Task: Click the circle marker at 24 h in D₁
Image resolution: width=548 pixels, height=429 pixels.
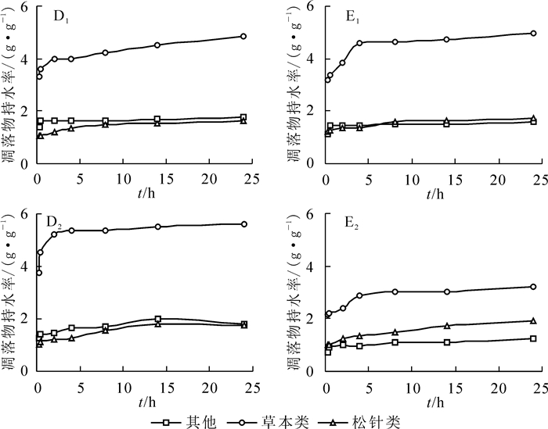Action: click(243, 36)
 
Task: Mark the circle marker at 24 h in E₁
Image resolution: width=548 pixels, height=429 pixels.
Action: click(533, 34)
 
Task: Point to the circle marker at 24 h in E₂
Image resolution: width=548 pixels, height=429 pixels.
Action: click(533, 287)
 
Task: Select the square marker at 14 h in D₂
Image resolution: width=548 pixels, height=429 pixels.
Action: click(157, 319)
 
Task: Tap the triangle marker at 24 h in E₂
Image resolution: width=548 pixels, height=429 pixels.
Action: click(533, 320)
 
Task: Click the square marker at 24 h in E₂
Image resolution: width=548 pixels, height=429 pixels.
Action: click(533, 338)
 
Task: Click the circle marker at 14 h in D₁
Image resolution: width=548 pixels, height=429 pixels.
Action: click(157, 45)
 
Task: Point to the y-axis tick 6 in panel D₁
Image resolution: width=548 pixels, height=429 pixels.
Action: click(25, 7)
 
